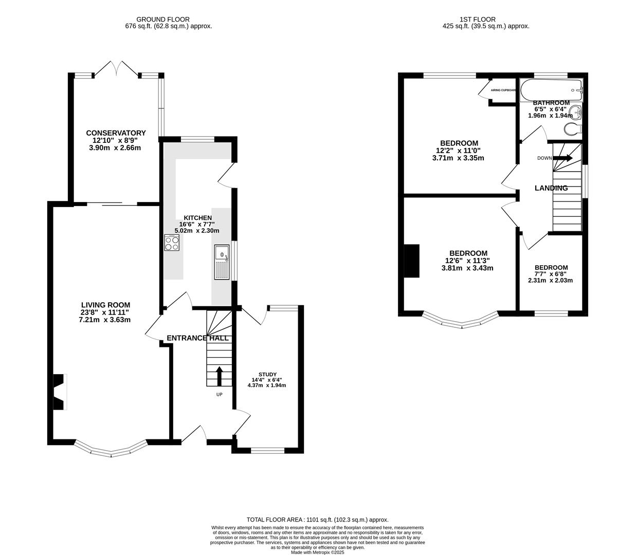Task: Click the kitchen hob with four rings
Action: pyautogui.click(x=172, y=243)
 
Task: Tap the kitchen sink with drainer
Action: pyautogui.click(x=222, y=262)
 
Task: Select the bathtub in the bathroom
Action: pyautogui.click(x=551, y=90)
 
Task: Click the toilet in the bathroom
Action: pyautogui.click(x=572, y=128)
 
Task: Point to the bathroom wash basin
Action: pyautogui.click(x=576, y=112)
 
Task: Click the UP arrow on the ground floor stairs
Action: pyautogui.click(x=220, y=376)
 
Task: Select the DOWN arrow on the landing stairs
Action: pyautogui.click(x=562, y=158)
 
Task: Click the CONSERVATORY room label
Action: pyautogui.click(x=116, y=133)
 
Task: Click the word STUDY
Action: pyautogui.click(x=267, y=374)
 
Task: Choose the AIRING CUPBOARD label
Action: pyautogui.click(x=503, y=90)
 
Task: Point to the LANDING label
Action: pyautogui.click(x=551, y=188)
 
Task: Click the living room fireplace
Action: pyautogui.click(x=59, y=392)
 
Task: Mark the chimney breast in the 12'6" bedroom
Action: pyautogui.click(x=411, y=261)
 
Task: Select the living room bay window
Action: pyautogui.click(x=112, y=450)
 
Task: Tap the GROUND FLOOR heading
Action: pyautogui.click(x=155, y=20)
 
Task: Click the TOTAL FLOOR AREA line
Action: pyautogui.click(x=317, y=520)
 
